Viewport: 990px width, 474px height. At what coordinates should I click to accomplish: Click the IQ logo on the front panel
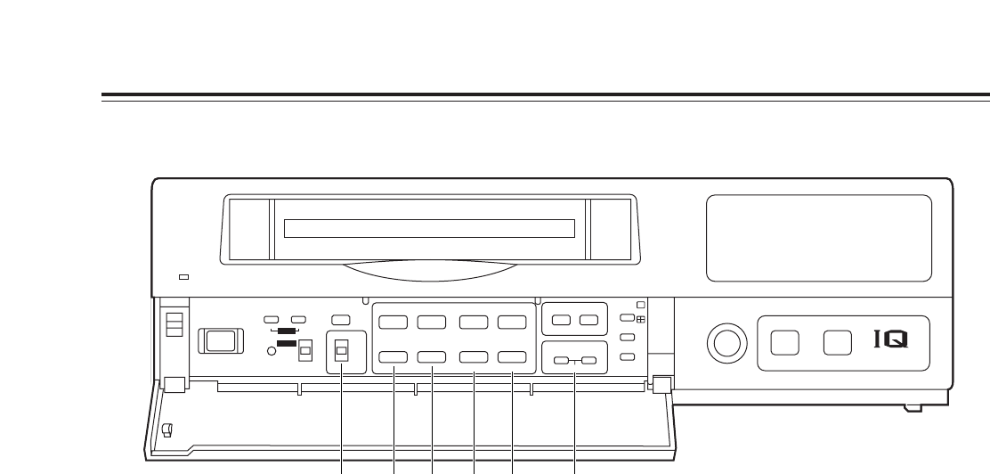894,341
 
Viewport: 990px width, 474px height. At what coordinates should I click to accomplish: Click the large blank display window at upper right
818,238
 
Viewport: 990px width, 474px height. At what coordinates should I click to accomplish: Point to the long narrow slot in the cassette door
429,228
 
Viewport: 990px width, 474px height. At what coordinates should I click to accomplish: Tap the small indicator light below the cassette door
184,277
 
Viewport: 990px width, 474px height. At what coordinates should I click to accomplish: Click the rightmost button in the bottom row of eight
512,357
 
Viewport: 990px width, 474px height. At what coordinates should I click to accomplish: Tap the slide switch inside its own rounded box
341,352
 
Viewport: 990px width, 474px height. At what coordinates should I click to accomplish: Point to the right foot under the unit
911,407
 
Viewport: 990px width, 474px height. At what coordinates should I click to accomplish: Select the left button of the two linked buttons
560,361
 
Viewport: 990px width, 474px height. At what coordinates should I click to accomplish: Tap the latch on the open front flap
167,431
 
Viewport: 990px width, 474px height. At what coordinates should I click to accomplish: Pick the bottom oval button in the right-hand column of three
627,356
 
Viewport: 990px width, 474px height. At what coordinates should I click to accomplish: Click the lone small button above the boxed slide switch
340,318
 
